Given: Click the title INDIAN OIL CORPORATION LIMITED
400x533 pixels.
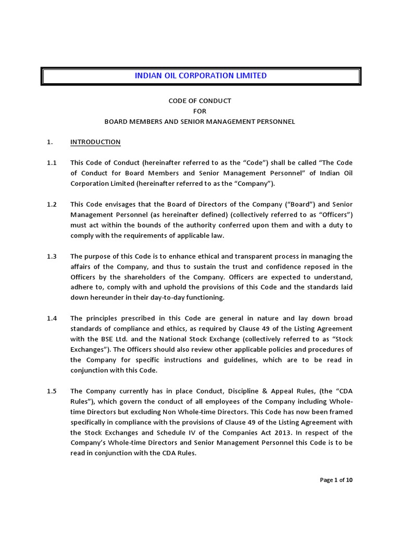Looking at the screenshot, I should tap(201, 75).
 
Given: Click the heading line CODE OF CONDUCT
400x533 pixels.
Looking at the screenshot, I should tap(199, 100).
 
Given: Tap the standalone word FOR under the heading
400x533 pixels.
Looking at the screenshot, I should tap(200, 111).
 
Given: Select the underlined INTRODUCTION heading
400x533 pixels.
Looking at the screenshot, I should tap(95, 142).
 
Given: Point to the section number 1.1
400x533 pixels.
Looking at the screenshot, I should tap(52, 162).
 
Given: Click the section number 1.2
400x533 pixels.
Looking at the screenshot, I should tap(52, 204).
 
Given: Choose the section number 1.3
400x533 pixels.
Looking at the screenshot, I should tap(52, 256).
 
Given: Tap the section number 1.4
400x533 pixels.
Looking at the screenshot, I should tap(52, 318).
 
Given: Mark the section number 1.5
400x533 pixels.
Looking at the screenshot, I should tap(52, 391).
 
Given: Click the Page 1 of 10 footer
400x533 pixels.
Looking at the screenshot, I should tap(336, 480).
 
